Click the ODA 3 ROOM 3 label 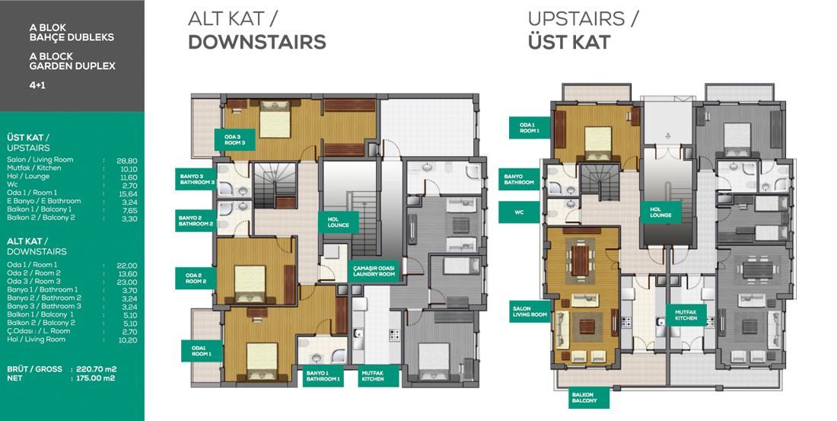tap(235, 140)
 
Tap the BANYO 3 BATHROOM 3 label tap(197, 179)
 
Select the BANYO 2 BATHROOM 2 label tap(196, 221)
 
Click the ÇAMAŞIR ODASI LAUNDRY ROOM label tap(374, 271)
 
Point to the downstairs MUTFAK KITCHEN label tap(373, 376)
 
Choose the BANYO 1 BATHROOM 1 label tap(323, 376)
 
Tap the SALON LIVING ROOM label tap(530, 311)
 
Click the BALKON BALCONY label tap(584, 397)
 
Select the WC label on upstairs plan tap(519, 212)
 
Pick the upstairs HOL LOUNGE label tap(660, 212)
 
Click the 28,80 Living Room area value tap(127, 161)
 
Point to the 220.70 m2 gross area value tap(97, 369)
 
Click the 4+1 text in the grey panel tap(37, 85)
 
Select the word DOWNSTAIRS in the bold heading tap(256, 42)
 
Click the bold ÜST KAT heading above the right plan tap(569, 42)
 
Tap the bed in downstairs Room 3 tap(275, 117)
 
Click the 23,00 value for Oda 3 tap(127, 282)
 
